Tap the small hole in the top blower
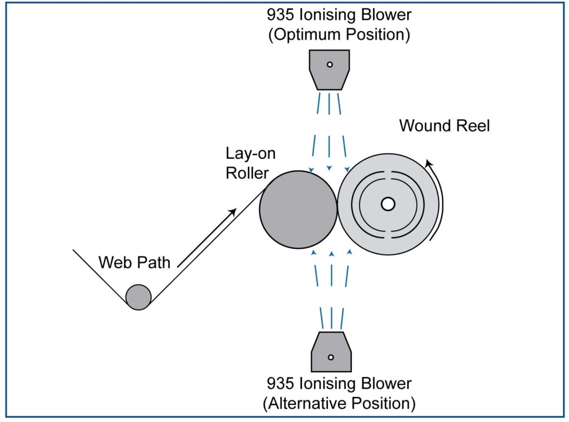[x=330, y=64]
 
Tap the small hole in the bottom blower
[x=331, y=357]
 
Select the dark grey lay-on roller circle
[x=298, y=209]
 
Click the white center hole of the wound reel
[x=388, y=204]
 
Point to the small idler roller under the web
[x=138, y=297]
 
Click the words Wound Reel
[x=445, y=125]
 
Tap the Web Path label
[x=134, y=262]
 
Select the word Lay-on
[x=250, y=154]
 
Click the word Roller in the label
[x=247, y=173]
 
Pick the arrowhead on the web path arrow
[x=234, y=212]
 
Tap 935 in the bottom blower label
[x=283, y=383]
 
